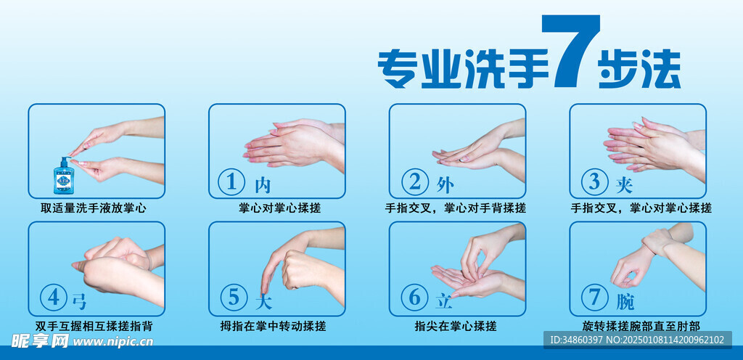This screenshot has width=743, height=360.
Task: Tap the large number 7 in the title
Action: (570, 51)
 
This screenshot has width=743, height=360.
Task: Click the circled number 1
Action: (231, 182)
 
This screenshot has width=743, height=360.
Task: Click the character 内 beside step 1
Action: (263, 185)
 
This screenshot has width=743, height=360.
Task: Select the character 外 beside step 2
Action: (445, 185)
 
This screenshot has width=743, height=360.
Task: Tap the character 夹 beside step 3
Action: (624, 185)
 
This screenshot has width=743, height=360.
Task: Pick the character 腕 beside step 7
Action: (625, 301)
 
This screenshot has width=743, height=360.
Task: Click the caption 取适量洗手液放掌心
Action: (94, 208)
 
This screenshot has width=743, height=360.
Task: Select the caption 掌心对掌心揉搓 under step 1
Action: (280, 208)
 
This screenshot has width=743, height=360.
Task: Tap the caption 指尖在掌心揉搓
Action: (456, 327)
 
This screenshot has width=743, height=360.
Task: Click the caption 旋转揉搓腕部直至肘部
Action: (641, 326)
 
